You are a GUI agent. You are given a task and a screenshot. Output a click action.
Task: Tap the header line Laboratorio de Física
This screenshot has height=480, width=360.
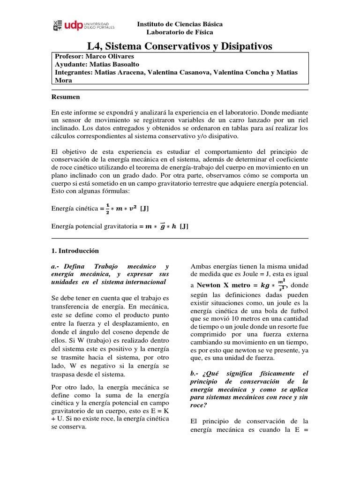180,32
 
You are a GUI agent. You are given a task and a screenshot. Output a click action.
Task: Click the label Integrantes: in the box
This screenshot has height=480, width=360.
74,73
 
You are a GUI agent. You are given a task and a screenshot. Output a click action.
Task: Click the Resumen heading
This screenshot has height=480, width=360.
65,97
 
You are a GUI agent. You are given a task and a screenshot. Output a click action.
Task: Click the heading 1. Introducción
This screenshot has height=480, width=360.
75,251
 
